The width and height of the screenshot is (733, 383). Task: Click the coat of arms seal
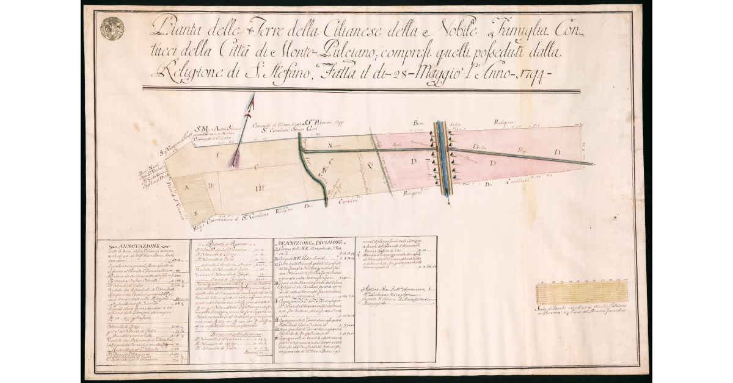pyautogui.click(x=112, y=28)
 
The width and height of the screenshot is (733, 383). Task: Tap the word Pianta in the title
pyautogui.click(x=175, y=26)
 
